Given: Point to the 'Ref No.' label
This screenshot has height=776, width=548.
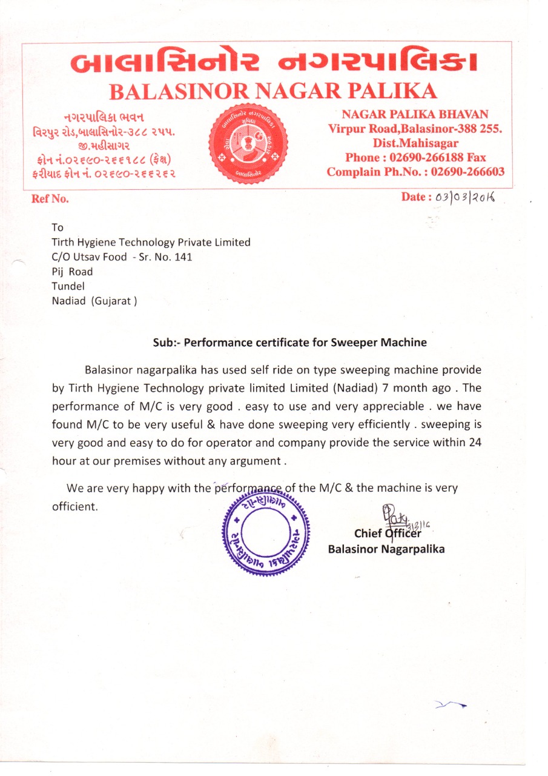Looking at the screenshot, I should click(50, 199).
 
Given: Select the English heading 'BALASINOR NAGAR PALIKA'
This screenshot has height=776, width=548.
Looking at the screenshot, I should click(272, 91).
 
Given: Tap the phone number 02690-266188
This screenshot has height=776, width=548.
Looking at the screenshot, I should click(434, 158).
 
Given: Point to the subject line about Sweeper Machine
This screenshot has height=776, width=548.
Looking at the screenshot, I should click(289, 343).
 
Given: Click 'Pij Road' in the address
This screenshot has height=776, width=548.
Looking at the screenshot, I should click(73, 272).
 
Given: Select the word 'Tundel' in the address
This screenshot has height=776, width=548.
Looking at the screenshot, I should click(68, 286).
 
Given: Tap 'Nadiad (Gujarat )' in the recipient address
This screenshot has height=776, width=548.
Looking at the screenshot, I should click(94, 301).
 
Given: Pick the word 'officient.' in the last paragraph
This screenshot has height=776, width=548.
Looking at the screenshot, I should click(74, 506).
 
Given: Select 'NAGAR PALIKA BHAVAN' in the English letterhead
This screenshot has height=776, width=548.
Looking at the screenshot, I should click(415, 114).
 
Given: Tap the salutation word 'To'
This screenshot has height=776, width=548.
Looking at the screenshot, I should click(58, 227).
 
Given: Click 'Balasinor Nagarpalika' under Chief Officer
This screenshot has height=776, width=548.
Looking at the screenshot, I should click(386, 549).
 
